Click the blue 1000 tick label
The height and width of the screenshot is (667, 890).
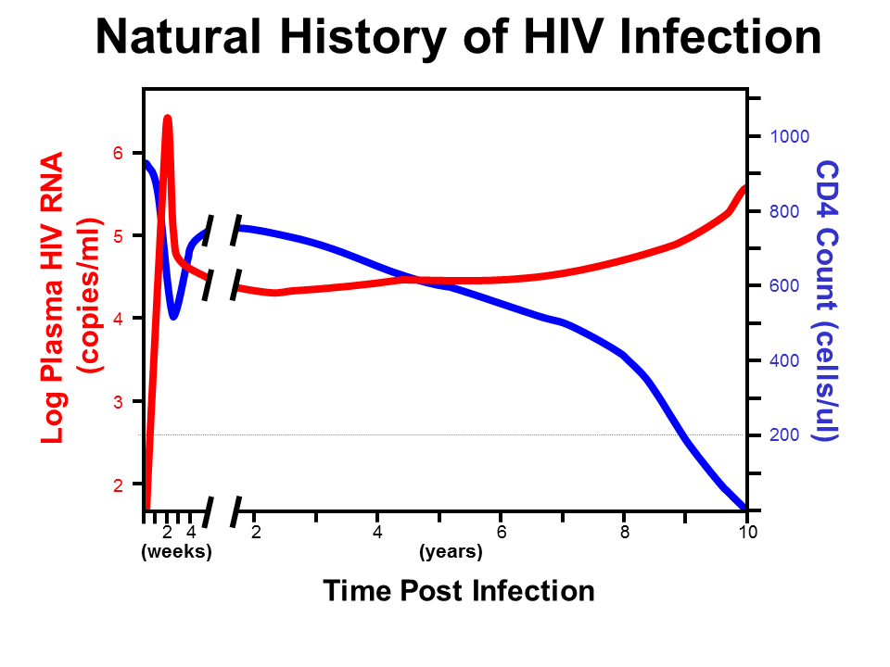click(790, 136)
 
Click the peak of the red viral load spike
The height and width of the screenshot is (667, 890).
click(168, 119)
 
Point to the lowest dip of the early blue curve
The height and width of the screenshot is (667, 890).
click(173, 317)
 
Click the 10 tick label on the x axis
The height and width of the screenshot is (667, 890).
click(748, 532)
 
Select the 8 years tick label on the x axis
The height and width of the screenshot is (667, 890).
click(625, 532)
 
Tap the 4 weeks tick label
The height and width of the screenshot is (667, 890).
click(190, 532)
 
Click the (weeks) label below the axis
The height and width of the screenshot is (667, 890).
click(176, 552)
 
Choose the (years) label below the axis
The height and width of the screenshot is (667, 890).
click(451, 552)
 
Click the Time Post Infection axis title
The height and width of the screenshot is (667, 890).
click(458, 590)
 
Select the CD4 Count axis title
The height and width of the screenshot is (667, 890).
click(825, 301)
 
